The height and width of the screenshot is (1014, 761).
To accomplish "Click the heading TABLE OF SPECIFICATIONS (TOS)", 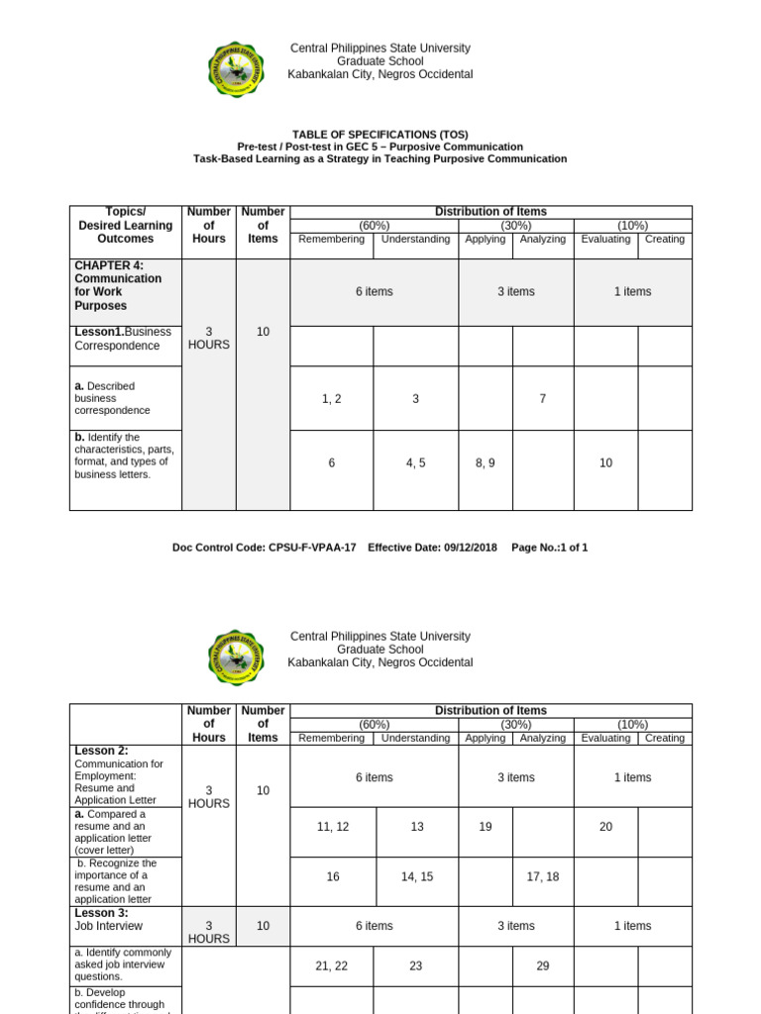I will tap(380, 135).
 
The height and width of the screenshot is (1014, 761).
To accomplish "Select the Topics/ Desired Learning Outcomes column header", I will tap(125, 225).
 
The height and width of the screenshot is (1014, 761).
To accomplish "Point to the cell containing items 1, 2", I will tap(331, 398).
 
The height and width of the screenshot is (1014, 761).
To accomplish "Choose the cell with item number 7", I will tap(542, 398).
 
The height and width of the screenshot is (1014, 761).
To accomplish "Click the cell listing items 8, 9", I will tap(486, 462).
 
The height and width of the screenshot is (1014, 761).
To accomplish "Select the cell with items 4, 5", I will tap(415, 462).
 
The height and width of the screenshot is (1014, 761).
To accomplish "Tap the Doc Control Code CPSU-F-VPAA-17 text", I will tap(265, 548).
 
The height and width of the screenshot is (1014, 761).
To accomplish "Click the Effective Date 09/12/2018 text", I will tap(434, 548).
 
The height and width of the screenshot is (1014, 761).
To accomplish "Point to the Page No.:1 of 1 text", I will tap(549, 548).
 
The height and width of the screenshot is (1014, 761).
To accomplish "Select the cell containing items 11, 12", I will tap(331, 825).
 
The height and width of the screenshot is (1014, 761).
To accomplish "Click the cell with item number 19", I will tap(486, 825).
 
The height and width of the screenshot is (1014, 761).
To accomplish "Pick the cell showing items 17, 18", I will tap(542, 876).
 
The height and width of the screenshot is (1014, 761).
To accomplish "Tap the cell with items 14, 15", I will tap(415, 876).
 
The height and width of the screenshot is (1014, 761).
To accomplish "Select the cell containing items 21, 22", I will tap(331, 966).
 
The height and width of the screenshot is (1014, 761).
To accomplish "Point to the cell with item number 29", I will tap(542, 966).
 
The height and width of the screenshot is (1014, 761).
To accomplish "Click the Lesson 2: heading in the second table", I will tap(101, 752).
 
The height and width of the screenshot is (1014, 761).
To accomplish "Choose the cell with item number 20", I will tap(605, 825).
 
